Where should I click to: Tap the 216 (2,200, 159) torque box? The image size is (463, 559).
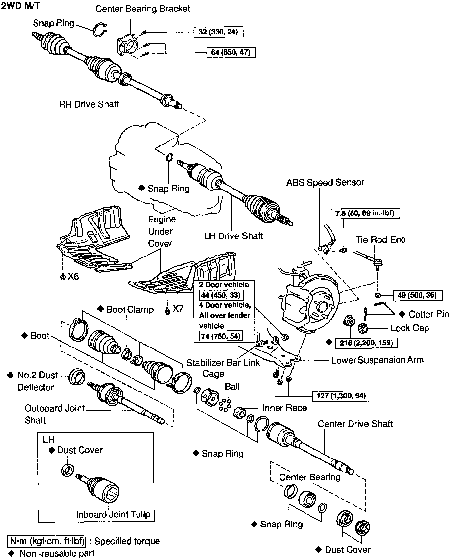click(366, 343)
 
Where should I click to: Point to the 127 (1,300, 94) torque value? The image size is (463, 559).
click(342, 396)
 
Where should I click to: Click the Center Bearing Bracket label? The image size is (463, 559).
click(143, 9)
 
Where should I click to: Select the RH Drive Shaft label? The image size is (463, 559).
click(89, 104)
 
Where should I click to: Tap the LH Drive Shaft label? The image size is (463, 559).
click(233, 236)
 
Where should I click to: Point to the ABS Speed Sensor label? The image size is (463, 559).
click(325, 182)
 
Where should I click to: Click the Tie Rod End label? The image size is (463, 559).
click(380, 239)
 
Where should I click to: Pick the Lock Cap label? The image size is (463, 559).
click(409, 328)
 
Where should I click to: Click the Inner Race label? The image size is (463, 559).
click(284, 408)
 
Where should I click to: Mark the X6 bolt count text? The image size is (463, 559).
click(73, 277)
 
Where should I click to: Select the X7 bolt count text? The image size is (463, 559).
click(178, 309)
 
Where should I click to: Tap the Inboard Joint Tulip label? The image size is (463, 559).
click(113, 514)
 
